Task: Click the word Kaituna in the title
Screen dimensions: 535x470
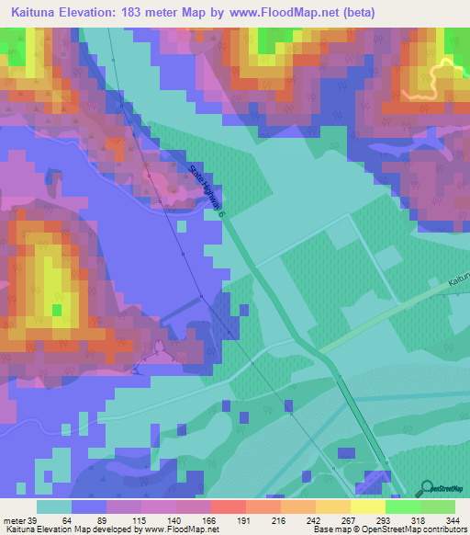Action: tap(38, 11)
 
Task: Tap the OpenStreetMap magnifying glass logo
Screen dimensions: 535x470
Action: tap(426, 487)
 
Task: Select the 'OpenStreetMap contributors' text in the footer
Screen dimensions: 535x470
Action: tap(413, 529)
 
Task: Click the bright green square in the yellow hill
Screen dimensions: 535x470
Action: tap(57, 310)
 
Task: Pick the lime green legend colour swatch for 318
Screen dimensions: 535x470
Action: tap(403, 507)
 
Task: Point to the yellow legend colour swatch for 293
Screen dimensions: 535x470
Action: tap(368, 507)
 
